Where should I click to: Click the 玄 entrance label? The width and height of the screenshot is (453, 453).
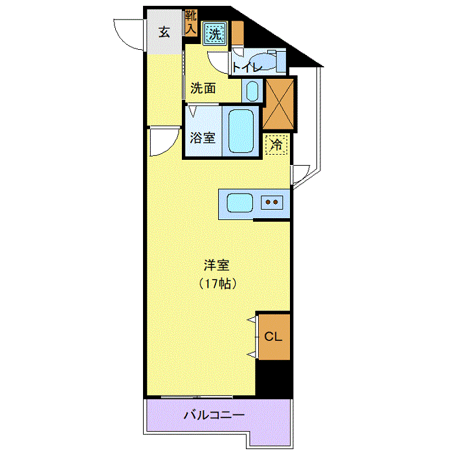tap(164, 32)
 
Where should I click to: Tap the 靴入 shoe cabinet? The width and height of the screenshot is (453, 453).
tap(191, 23)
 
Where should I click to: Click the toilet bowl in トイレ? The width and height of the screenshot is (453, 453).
tap(262, 61)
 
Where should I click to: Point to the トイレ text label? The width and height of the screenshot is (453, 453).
tap(247, 67)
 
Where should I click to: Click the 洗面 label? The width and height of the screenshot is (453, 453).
tap(203, 88)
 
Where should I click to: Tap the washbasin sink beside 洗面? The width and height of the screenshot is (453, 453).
tap(252, 91)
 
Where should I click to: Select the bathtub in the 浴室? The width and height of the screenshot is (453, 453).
tap(241, 131)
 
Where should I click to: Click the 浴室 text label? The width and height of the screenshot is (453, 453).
tap(203, 138)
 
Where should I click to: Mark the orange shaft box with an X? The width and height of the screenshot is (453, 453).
tap(278, 104)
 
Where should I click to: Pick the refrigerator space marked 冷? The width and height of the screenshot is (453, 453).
tap(276, 144)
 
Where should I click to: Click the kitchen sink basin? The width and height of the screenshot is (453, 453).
tap(240, 203)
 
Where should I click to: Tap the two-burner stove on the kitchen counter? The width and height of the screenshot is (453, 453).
tap(272, 202)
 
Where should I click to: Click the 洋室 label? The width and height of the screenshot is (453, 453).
tap(217, 265)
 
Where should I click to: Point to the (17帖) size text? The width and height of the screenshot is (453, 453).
tap(217, 283)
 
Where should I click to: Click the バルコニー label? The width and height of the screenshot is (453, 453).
tap(214, 415)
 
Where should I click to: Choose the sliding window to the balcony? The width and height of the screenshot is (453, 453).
tap(197, 397)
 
